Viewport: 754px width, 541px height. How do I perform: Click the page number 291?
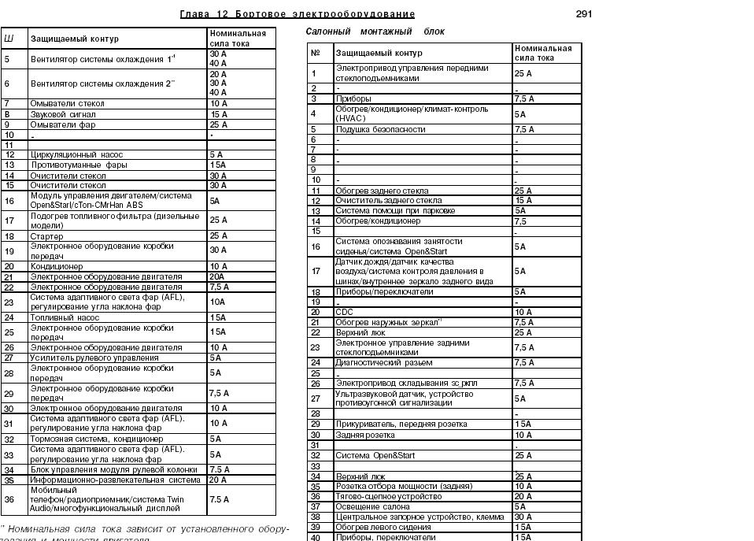tap(583, 14)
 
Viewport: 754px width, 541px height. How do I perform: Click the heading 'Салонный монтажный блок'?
tap(375, 31)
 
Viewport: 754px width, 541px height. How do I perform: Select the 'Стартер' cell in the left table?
tap(46, 236)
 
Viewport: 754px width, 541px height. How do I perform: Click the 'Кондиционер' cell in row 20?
tap(57, 267)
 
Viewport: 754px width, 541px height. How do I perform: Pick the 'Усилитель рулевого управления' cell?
tap(94, 358)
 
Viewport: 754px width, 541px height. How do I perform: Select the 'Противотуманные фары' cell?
tap(79, 165)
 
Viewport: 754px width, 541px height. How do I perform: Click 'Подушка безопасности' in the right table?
tap(380, 129)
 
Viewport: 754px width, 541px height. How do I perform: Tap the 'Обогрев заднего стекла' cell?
tap(382, 191)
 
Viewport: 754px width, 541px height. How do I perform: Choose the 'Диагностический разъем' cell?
tap(383, 363)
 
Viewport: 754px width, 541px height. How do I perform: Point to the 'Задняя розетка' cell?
tap(366, 435)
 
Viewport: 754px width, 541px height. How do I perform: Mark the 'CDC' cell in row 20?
tap(344, 312)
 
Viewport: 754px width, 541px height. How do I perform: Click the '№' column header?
tap(316, 53)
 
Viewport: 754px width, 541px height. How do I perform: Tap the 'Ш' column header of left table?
tap(9, 38)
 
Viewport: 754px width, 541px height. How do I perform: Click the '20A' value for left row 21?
tap(217, 277)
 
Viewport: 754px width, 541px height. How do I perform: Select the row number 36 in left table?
tap(9, 499)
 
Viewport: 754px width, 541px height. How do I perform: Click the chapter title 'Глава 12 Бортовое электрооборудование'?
tap(298, 14)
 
